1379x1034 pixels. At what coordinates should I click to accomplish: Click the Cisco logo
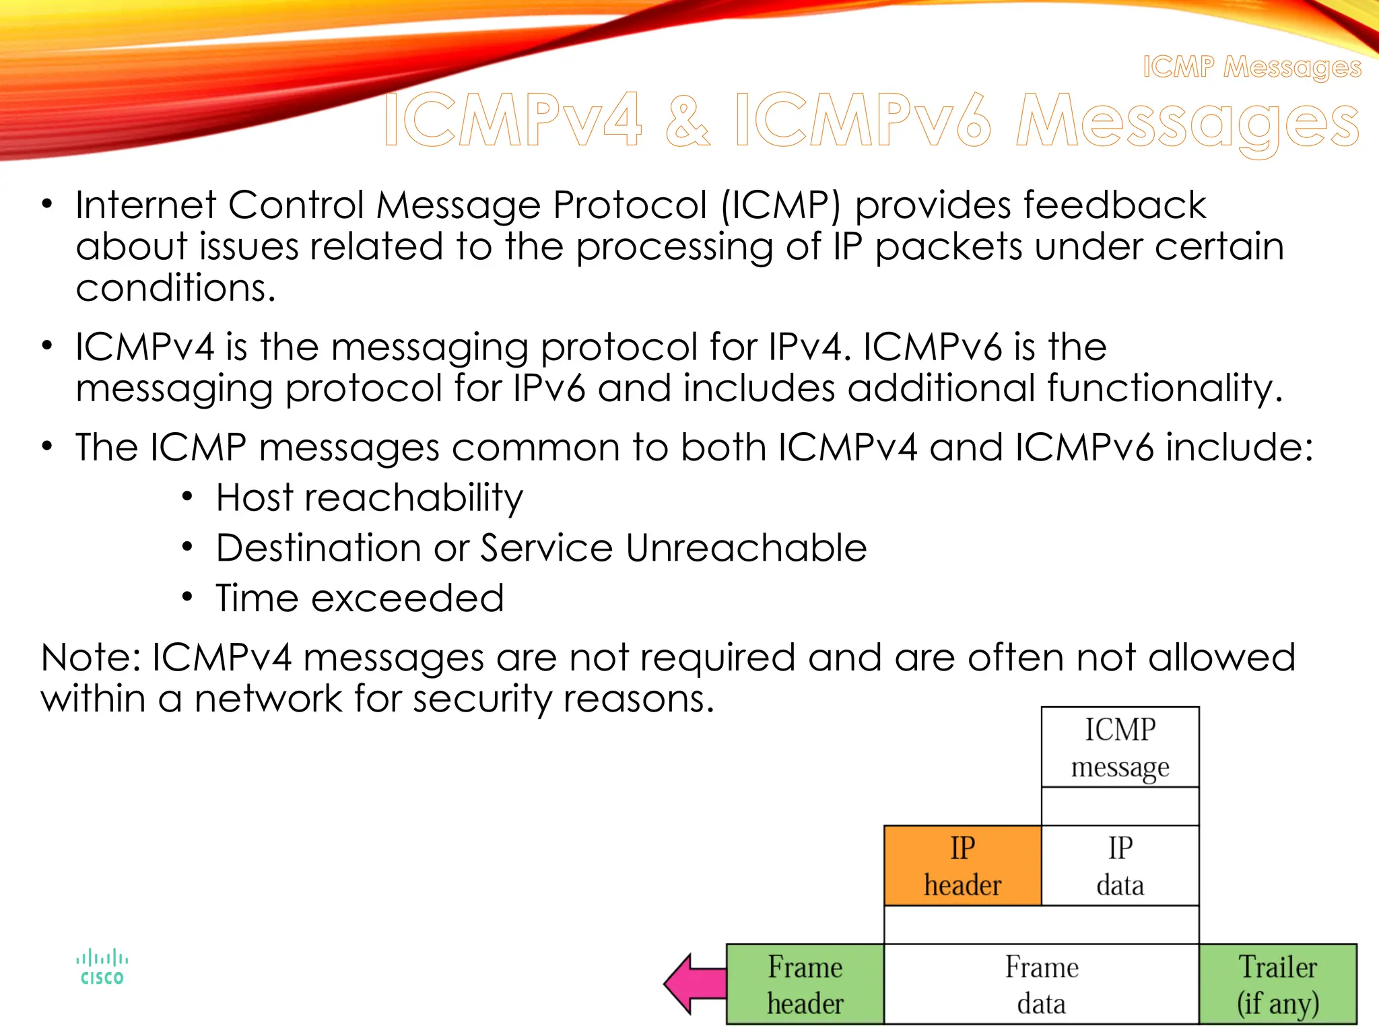[x=102, y=968]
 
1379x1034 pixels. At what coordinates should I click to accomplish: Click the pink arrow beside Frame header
[x=694, y=984]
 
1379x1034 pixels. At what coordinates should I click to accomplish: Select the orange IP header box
[x=962, y=866]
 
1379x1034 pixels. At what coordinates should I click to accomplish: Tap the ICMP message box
[x=1120, y=747]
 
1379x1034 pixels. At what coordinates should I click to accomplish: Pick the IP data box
[x=1120, y=866]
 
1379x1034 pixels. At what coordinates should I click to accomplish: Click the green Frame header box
[x=805, y=984]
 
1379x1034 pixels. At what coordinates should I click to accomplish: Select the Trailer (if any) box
[x=1277, y=984]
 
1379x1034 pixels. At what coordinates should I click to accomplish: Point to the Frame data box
[x=1041, y=984]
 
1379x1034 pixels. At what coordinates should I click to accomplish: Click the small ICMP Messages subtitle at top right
[x=1252, y=67]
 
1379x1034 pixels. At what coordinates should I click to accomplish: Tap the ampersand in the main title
[x=687, y=121]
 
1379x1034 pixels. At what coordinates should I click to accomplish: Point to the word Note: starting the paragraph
[x=90, y=657]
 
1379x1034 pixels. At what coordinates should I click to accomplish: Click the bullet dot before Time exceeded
[x=187, y=596]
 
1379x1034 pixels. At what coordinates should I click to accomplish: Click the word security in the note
[x=482, y=699]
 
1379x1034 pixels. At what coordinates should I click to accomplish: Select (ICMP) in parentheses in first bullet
[x=780, y=205]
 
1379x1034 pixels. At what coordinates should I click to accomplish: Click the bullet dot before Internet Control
[x=46, y=203]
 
